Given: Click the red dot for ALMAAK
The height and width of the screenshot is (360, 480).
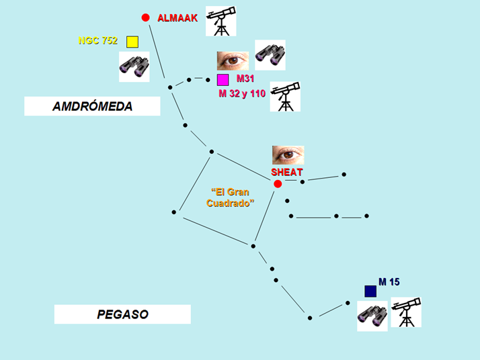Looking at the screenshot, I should pyautogui.click(x=145, y=17).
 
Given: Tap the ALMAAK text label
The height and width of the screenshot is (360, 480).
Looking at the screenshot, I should pyautogui.click(x=177, y=18).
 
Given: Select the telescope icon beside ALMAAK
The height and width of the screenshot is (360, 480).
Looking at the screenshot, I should pyautogui.click(x=221, y=21).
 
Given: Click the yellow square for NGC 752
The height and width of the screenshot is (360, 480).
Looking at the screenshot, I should pyautogui.click(x=132, y=42).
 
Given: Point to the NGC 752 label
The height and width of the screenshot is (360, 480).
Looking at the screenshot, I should pyautogui.click(x=98, y=41).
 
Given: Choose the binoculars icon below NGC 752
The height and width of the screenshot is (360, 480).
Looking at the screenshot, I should pyautogui.click(x=134, y=66).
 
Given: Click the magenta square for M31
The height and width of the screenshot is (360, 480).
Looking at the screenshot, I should pyautogui.click(x=223, y=80).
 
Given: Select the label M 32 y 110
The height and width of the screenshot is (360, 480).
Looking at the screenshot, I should pyautogui.click(x=242, y=93).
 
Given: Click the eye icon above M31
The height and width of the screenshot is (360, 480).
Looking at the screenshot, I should pyautogui.click(x=233, y=61).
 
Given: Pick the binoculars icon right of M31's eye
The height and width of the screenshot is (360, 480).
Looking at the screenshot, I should pyautogui.click(x=270, y=54).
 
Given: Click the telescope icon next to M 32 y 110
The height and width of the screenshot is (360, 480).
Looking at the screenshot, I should pyautogui.click(x=285, y=97).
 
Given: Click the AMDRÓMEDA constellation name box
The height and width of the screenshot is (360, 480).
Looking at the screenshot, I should pyautogui.click(x=92, y=106).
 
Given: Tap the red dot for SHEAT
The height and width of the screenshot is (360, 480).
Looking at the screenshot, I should pyautogui.click(x=278, y=184).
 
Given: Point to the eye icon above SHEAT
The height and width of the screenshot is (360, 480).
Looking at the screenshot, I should pyautogui.click(x=288, y=155).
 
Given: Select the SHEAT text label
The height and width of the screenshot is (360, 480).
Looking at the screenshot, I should pyautogui.click(x=287, y=172).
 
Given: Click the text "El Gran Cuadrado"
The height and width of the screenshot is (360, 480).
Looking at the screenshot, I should pyautogui.click(x=229, y=197).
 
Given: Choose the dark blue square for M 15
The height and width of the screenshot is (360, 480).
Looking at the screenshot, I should pyautogui.click(x=370, y=291).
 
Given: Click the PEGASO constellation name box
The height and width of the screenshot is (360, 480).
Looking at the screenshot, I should pyautogui.click(x=122, y=314).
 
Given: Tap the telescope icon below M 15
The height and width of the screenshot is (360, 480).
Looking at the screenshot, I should pyautogui.click(x=406, y=312).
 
